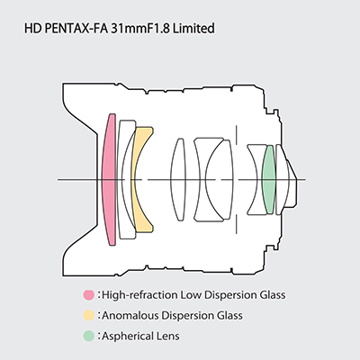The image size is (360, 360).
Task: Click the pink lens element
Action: pyautogui.click(x=109, y=180)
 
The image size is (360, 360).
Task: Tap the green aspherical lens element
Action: pyautogui.click(x=268, y=180)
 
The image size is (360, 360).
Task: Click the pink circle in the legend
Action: pyautogui.click(x=89, y=295)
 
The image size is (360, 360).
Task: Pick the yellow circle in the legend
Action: pyautogui.click(x=89, y=315)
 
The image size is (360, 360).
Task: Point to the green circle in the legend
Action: pyautogui.click(x=89, y=336)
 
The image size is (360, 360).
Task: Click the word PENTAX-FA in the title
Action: pyautogui.click(x=76, y=29)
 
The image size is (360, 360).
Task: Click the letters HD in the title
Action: pyautogui.click(x=33, y=29)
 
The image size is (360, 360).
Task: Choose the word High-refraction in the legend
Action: pyautogui.click(x=139, y=295)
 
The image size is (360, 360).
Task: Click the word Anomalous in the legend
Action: pyautogui.click(x=130, y=316)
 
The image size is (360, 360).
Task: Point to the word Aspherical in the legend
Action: pyautogui.click(x=128, y=336)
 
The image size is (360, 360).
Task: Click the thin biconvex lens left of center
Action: pyautogui.click(x=178, y=180)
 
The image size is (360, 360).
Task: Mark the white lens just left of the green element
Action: pyautogui.click(x=255, y=180)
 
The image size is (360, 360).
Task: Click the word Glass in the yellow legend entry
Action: pyautogui.click(x=229, y=316)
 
